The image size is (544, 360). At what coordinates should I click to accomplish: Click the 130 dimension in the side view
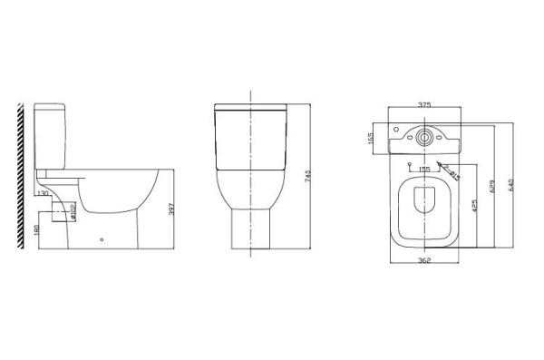click(43, 192)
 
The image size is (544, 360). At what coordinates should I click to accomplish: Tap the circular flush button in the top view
click(422, 138)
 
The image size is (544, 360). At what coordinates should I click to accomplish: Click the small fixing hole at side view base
click(102, 241)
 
